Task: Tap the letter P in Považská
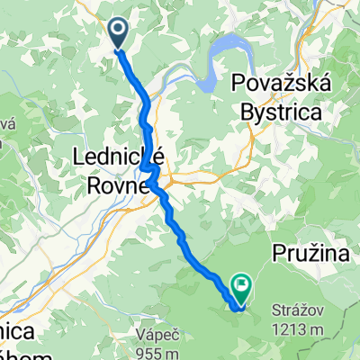pyautogui.click(x=239, y=83)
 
